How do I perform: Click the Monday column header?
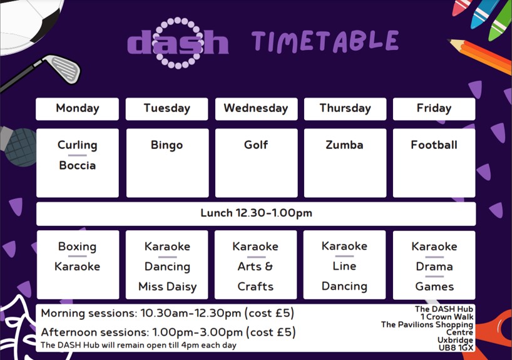(78, 109)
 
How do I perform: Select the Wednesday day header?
(257, 109)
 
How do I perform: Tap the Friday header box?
(434, 109)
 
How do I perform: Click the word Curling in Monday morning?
(78, 145)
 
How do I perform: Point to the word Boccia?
(78, 165)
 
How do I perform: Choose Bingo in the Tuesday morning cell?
(167, 145)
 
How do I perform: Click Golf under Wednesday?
(256, 145)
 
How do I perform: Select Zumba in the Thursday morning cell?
(344, 145)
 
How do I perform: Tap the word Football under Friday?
(434, 145)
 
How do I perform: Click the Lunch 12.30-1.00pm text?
(257, 213)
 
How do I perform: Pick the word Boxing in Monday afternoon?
(78, 247)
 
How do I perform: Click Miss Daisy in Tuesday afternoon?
(168, 287)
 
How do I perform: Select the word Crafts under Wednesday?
(255, 287)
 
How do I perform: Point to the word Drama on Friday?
(434, 267)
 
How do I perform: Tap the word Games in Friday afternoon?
(434, 287)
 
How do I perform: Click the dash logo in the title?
(178, 43)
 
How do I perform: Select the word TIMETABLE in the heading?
(325, 41)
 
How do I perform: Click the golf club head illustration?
(64, 69)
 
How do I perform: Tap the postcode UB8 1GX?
(456, 348)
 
